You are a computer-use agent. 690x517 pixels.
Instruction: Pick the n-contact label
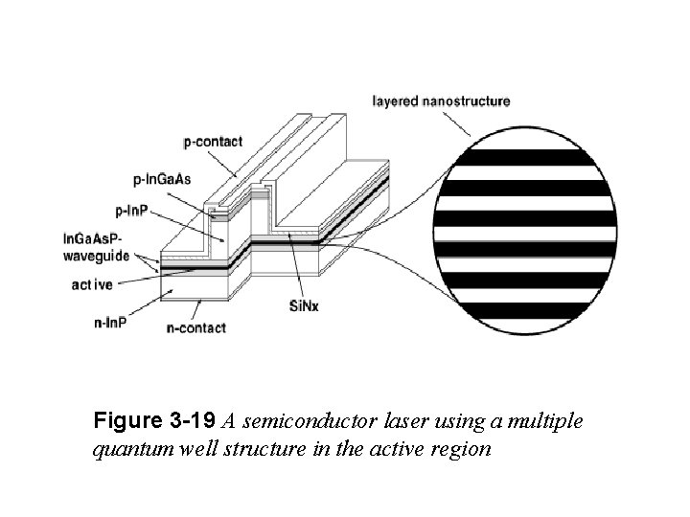click(x=195, y=328)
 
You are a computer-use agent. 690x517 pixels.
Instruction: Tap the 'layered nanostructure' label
click(x=440, y=100)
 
